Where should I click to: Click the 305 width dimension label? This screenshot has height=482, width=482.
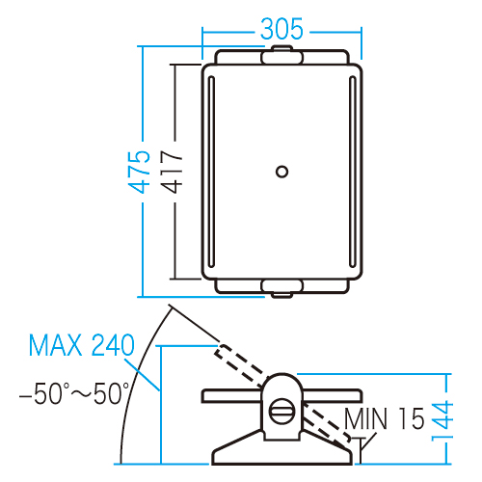tap(281, 29)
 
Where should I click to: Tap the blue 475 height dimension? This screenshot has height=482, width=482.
tap(139, 172)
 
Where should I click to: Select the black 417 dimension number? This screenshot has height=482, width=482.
tap(172, 172)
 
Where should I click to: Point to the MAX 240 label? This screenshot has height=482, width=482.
tap(82, 345)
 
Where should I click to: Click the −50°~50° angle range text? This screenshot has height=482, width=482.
tap(74, 393)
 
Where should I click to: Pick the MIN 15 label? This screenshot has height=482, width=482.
tap(385, 418)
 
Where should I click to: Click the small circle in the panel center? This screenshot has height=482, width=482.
tap(282, 172)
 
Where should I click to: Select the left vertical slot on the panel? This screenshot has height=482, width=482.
tap(212, 172)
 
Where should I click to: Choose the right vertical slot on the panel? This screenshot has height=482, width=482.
tap(353, 172)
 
